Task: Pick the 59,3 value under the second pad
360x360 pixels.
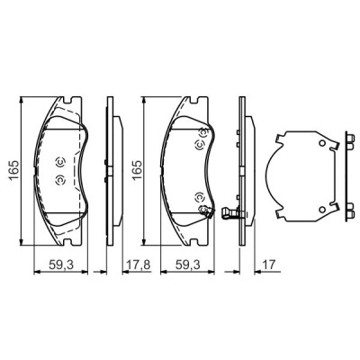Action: (188, 265)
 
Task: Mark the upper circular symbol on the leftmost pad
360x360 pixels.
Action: (59, 162)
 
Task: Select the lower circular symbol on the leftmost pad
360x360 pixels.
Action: (59, 180)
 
